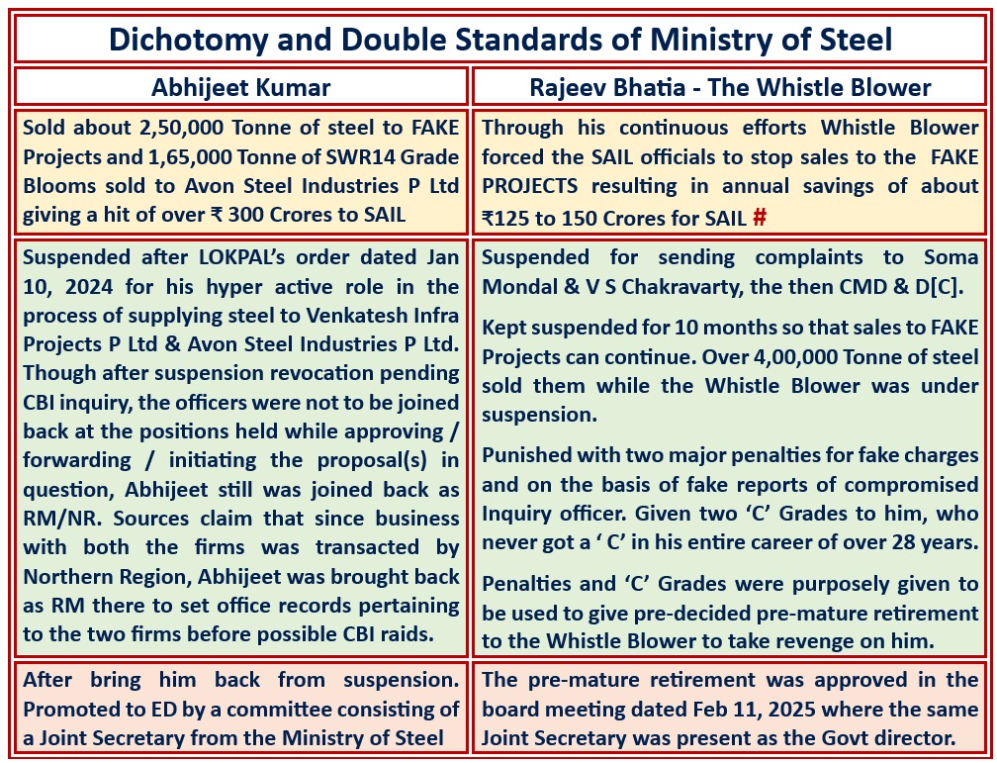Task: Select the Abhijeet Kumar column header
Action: click(240, 87)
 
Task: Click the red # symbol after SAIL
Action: click(760, 217)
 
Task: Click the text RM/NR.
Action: click(57, 518)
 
